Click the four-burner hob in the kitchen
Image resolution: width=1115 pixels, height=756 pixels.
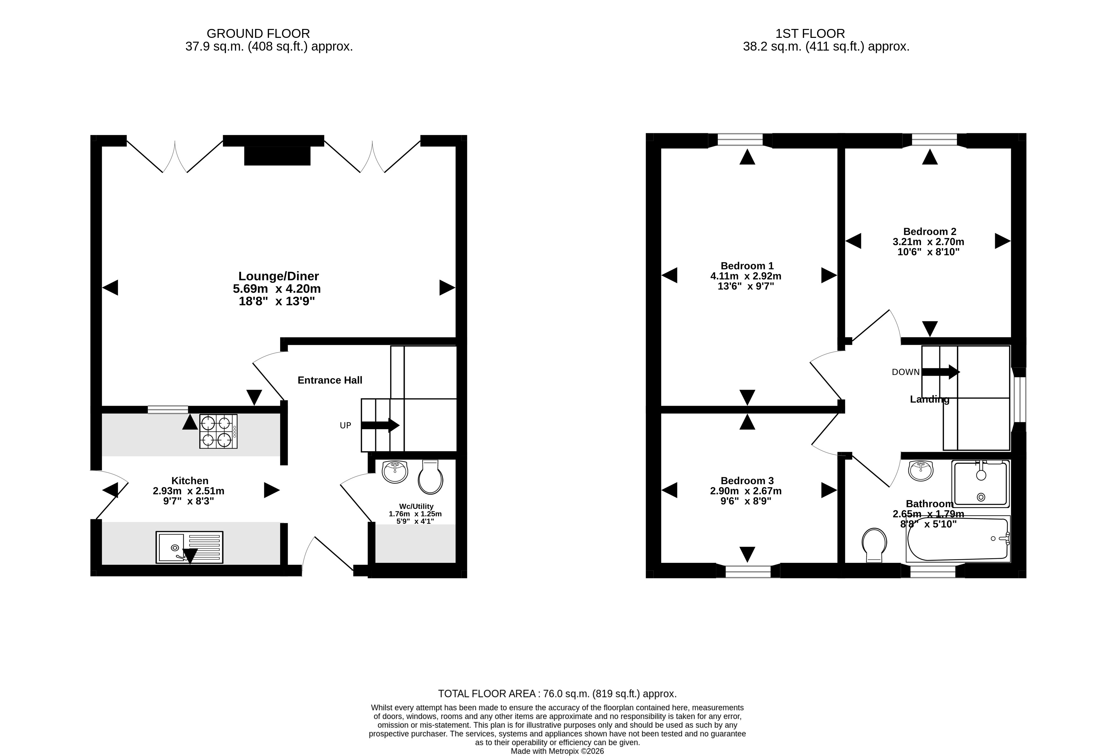coord(218,431)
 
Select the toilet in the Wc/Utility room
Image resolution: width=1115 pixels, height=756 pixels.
coord(430,477)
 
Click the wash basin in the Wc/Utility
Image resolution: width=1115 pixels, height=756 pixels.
coord(395,472)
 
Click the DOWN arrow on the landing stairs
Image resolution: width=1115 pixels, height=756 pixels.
coord(941,372)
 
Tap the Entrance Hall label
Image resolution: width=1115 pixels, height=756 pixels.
coord(330,380)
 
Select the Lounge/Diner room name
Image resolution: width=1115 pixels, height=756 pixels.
coord(279,276)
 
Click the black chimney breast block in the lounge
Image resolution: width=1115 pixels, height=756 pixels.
coord(277,156)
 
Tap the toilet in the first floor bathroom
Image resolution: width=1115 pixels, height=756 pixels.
coord(874,545)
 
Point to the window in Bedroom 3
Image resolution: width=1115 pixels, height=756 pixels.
coord(748,571)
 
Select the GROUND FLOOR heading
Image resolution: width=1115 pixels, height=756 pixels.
coord(258,34)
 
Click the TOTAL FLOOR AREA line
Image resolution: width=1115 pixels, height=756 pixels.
coord(557,694)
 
